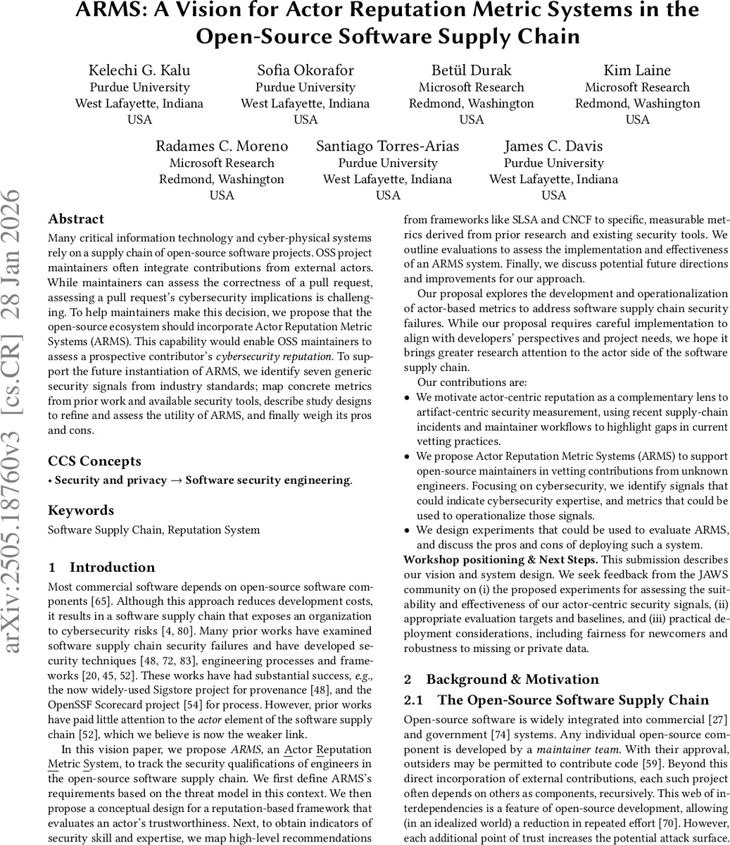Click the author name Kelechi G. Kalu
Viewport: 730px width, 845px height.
tap(139, 70)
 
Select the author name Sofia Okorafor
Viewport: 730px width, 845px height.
tap(305, 70)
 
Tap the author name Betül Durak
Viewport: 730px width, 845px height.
tap(471, 70)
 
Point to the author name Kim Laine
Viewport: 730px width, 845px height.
tap(637, 70)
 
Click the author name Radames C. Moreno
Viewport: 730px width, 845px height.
tap(222, 146)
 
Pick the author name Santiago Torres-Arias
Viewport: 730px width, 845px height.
tap(387, 146)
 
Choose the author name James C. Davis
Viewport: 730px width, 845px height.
tap(553, 146)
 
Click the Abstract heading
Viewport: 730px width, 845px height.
tap(76, 219)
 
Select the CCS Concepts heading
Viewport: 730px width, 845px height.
tap(94, 461)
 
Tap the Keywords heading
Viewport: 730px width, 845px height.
tap(81, 511)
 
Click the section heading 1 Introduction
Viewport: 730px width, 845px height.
tap(101, 568)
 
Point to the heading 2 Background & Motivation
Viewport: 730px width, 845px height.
tap(501, 680)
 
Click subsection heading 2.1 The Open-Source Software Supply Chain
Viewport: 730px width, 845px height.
tap(556, 701)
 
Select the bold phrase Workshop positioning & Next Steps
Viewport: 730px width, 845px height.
tap(501, 560)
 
